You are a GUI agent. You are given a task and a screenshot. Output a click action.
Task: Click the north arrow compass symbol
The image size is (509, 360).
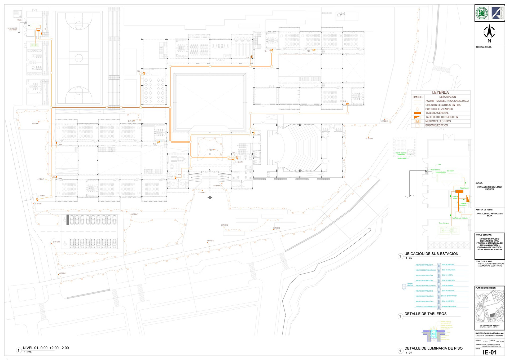[489, 32]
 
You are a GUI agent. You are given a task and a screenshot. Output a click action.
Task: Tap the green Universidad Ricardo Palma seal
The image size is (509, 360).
[482, 13]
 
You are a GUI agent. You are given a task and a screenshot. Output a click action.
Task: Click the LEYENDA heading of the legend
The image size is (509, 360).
[440, 93]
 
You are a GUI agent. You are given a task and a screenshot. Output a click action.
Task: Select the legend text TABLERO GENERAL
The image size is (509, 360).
[437, 113]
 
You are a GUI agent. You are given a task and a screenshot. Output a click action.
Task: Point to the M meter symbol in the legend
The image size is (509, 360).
[418, 121]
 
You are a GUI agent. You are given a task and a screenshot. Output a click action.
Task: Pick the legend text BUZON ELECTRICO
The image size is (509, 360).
[437, 125]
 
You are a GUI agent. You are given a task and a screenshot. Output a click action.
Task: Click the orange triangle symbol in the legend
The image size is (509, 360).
[417, 117]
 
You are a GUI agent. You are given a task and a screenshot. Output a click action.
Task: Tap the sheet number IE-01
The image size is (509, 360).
[490, 352]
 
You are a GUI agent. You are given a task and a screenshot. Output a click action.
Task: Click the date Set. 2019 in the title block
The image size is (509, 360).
[500, 341]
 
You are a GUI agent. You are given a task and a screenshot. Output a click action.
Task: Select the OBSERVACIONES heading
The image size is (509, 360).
[484, 47]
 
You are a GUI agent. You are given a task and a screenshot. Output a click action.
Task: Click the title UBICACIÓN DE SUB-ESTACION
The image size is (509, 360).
[431, 254]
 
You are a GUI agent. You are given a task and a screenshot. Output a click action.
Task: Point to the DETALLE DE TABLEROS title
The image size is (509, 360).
[425, 314]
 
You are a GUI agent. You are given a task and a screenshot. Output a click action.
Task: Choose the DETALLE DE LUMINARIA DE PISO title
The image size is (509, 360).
[433, 348]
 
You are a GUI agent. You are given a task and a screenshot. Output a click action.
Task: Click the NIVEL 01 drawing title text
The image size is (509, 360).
[46, 348]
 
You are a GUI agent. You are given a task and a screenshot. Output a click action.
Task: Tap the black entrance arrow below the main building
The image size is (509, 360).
[210, 197]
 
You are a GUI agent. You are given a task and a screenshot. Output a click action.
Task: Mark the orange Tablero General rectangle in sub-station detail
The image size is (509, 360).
[459, 191]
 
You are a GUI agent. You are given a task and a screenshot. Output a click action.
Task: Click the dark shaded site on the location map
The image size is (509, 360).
[492, 315]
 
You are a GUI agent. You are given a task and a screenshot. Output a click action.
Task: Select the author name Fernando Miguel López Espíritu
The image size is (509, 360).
[489, 188]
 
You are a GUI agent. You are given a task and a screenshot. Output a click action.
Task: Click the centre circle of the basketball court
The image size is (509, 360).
[79, 58]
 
